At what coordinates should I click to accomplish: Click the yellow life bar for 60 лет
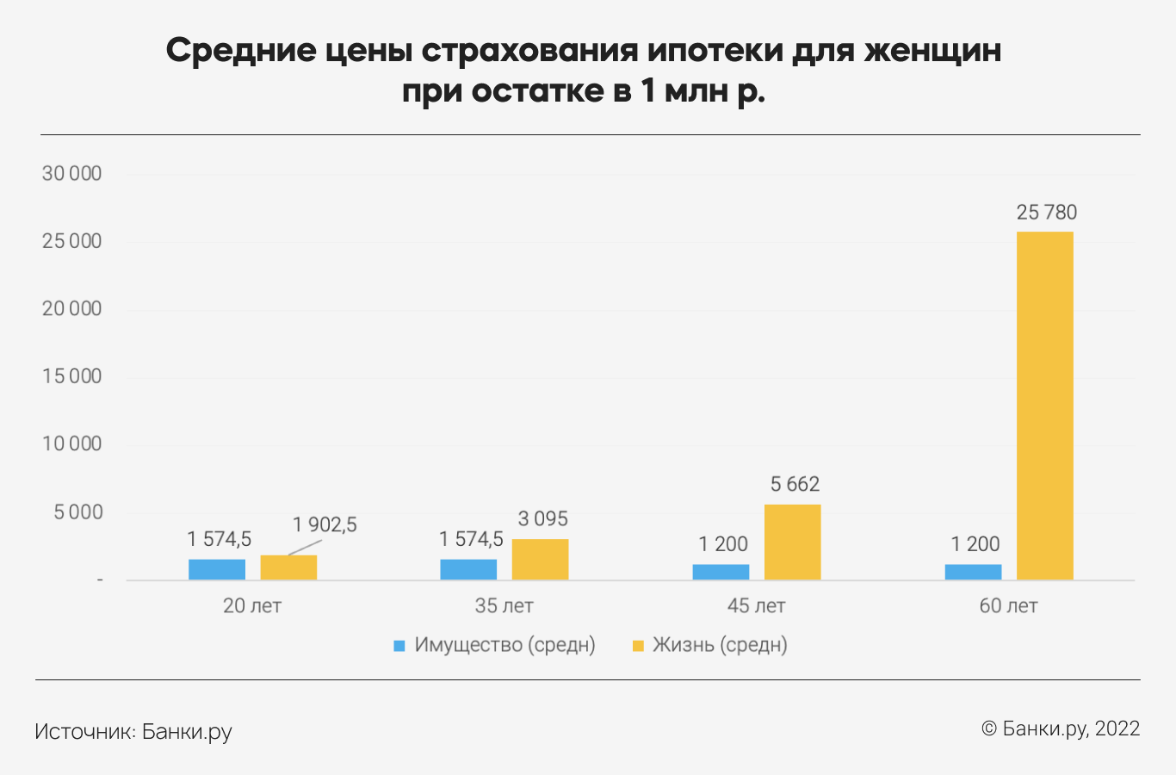(1044, 405)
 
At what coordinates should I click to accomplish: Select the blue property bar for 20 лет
(217, 569)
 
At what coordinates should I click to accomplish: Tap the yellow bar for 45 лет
(792, 542)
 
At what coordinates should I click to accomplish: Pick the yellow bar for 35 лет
(540, 559)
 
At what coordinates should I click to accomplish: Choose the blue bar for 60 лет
(973, 572)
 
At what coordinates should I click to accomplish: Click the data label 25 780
(1046, 212)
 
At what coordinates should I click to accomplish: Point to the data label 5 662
(795, 484)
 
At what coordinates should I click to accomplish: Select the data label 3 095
(542, 518)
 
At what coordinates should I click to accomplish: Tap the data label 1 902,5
(325, 524)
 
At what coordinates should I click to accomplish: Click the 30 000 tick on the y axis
(72, 173)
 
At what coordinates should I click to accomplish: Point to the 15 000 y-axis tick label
(72, 376)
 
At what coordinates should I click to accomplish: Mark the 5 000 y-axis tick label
(77, 512)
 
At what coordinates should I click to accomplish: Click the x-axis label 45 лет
(756, 605)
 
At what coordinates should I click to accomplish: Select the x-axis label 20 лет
(252, 605)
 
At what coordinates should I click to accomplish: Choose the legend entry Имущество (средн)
(504, 645)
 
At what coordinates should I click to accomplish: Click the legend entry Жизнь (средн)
(719, 645)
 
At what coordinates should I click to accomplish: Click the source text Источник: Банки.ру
(133, 731)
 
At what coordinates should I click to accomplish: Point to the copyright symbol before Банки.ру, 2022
(989, 728)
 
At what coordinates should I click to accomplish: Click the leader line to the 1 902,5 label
(302, 546)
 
